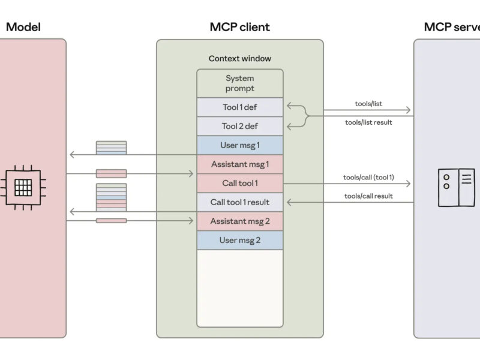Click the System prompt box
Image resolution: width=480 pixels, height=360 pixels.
(240, 83)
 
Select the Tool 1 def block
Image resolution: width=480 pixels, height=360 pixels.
(240, 107)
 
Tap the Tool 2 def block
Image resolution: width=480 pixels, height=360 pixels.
(240, 126)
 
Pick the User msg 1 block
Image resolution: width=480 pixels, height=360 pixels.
(240, 145)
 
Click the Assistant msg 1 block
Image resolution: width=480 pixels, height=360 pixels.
(240, 164)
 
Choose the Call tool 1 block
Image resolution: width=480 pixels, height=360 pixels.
(240, 183)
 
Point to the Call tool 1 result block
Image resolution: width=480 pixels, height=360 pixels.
(240, 202)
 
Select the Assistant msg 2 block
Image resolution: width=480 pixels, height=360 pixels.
(240, 221)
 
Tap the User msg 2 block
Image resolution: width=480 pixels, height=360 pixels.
(240, 240)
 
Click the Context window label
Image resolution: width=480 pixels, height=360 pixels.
(240, 58)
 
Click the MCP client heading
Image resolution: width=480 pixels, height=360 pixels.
(240, 27)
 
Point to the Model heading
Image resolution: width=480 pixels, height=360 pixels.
(23, 27)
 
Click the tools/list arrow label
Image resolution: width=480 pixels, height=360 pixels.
(368, 104)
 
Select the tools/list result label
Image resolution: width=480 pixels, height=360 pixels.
(368, 122)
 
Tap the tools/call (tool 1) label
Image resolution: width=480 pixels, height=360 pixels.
(368, 177)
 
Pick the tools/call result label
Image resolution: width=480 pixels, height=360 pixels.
(368, 196)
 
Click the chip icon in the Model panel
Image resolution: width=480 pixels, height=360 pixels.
(23, 188)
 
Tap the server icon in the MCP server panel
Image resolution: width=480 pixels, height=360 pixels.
(456, 188)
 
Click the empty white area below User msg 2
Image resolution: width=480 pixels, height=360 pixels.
(240, 288)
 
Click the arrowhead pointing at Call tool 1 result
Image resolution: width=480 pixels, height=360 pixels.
(286, 202)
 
